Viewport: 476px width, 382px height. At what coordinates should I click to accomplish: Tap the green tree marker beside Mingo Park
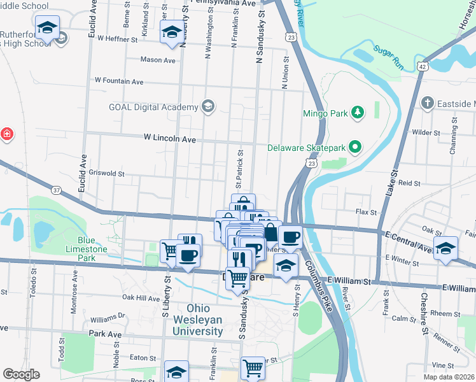358,113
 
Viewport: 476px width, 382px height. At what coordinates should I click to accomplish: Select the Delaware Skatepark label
305,148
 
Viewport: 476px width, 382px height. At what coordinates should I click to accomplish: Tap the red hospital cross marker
6,134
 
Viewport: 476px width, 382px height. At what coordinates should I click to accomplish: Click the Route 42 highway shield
422,66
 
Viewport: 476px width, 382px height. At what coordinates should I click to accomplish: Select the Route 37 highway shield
57,190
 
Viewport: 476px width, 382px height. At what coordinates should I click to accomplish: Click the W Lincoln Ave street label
170,138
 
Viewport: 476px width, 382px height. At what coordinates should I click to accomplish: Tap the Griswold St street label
106,173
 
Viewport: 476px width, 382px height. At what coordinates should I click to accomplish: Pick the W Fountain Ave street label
119,81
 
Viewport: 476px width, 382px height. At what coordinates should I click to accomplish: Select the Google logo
21,374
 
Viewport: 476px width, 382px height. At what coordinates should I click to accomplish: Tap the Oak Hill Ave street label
141,297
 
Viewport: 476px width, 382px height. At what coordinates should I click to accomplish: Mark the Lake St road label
394,181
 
